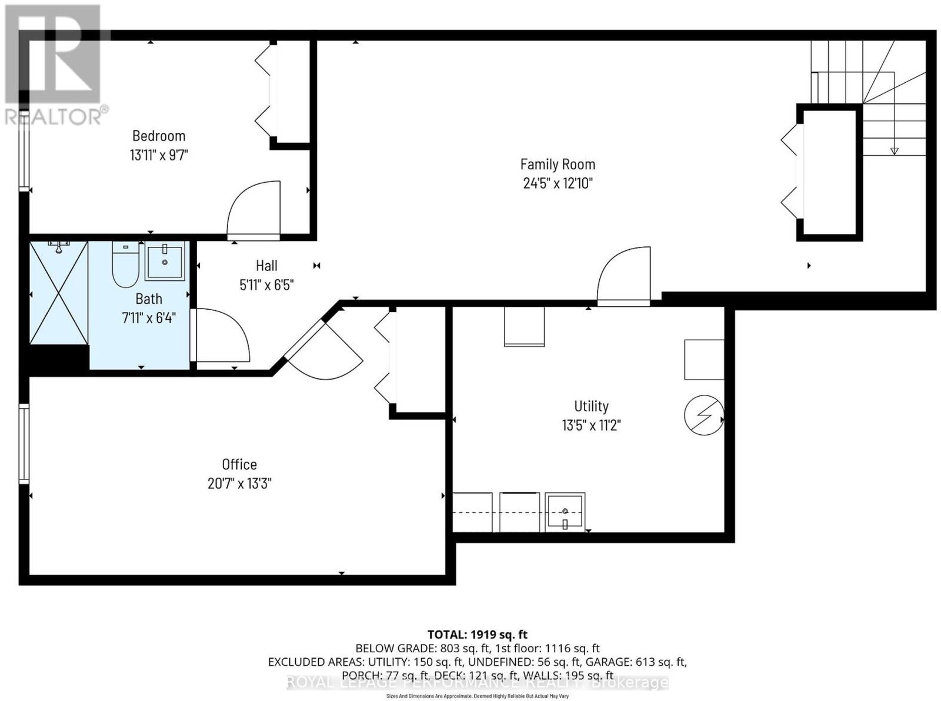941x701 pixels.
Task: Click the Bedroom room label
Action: (159, 136)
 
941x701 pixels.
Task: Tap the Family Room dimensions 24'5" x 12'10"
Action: (558, 183)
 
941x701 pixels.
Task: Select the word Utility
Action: (591, 406)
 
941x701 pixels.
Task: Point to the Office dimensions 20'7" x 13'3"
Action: (239, 484)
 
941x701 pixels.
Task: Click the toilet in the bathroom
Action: (125, 264)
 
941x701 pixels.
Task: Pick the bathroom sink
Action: (165, 260)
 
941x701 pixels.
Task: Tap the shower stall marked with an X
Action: (59, 293)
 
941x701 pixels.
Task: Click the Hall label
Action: (266, 266)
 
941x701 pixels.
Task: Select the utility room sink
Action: (565, 512)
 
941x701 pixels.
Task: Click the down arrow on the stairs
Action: (895, 150)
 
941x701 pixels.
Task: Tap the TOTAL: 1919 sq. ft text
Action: (478, 634)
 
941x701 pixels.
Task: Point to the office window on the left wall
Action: (24, 444)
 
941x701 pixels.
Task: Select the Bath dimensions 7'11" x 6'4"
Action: (149, 318)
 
